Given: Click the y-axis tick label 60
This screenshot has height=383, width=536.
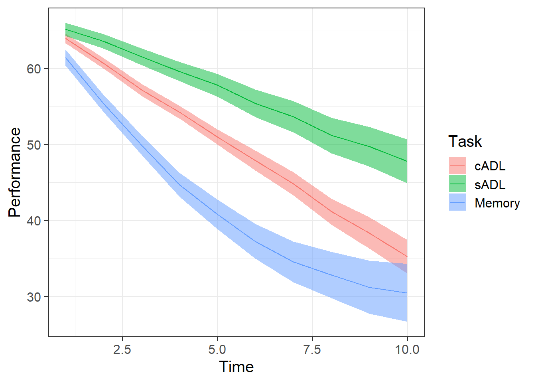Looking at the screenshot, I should (34, 69).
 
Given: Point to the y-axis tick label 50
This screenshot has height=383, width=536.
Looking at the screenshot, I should (34, 145).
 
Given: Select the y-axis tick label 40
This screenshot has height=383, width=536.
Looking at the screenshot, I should (34, 221).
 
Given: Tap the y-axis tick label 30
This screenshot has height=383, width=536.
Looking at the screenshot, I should (34, 297).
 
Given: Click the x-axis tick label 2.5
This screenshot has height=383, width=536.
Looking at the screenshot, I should (122, 349).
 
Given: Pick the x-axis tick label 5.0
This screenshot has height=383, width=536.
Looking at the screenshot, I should (217, 349).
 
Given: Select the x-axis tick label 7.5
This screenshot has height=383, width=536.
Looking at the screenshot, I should (312, 349).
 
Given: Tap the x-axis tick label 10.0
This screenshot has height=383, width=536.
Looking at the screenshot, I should (407, 349).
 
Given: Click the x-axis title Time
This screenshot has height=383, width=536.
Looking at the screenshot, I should (236, 367).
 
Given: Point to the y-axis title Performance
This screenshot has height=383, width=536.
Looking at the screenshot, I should (15, 172).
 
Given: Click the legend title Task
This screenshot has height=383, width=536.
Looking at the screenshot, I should (465, 142).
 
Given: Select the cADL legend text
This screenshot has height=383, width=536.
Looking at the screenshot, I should (490, 166).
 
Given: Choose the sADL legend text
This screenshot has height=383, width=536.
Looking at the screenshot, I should (490, 184).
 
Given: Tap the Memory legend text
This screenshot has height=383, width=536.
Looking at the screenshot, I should (497, 203).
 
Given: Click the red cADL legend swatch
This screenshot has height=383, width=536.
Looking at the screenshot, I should (457, 166).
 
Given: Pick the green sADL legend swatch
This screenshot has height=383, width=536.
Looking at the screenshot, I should (457, 184).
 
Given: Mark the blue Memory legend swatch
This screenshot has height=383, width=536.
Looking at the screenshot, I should (457, 202).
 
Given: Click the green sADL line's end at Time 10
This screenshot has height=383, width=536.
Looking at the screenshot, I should (407, 161).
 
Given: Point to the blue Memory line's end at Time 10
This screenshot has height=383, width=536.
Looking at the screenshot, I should (407, 293).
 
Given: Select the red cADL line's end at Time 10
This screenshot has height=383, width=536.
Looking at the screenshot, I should (407, 257).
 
